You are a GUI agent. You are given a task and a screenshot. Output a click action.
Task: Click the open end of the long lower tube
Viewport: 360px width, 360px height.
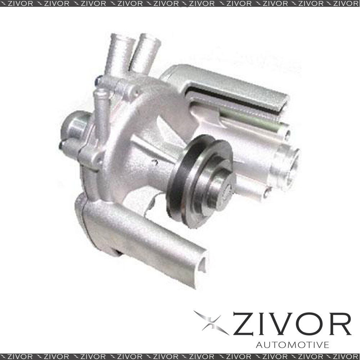point(202,264)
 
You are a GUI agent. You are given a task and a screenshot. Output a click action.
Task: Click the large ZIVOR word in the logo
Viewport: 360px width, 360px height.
point(292,324)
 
